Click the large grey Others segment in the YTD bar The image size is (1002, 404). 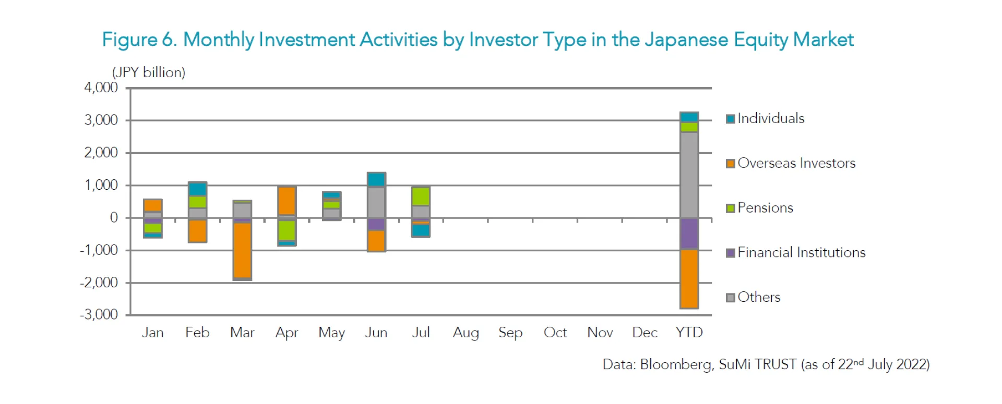[689, 175]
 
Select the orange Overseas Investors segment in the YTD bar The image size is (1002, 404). [689, 279]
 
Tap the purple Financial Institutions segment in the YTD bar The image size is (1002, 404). [689, 233]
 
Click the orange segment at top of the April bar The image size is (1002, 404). [287, 200]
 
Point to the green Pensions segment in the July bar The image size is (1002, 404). [421, 197]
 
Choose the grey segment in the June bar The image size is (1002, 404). [376, 202]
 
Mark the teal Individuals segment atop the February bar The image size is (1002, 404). [197, 189]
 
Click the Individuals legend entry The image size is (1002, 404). [770, 118]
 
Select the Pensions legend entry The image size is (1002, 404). [765, 208]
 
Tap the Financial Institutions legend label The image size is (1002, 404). [801, 253]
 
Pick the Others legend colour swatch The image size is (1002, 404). [731, 298]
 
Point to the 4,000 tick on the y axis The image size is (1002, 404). [101, 88]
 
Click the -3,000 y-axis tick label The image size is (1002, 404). [99, 314]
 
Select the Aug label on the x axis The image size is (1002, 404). [466, 333]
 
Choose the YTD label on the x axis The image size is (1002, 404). [689, 333]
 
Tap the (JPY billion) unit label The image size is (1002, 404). [149, 72]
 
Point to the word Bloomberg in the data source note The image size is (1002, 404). [676, 364]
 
